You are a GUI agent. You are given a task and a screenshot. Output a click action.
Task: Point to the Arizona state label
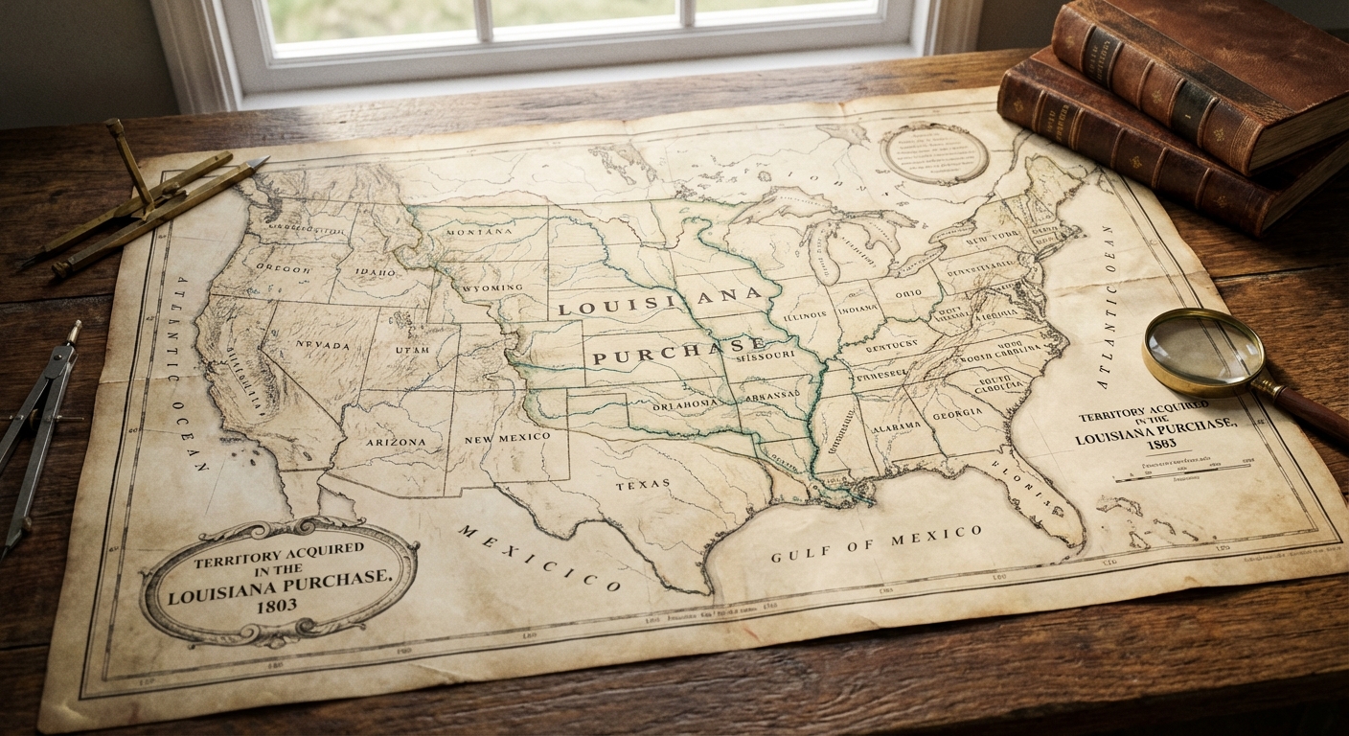pos(395,442)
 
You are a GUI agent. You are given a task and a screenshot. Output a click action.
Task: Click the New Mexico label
pos(507,438)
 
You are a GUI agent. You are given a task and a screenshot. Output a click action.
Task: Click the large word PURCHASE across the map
pos(678,351)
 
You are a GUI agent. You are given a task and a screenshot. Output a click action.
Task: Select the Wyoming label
pos(491,288)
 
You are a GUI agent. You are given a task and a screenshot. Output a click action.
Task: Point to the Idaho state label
pos(375,273)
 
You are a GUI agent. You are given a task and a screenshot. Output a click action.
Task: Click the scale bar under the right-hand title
pos(1186,471)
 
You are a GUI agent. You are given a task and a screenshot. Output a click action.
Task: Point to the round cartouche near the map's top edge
pos(934,153)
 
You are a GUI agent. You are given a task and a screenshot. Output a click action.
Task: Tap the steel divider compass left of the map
pos(38,431)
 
